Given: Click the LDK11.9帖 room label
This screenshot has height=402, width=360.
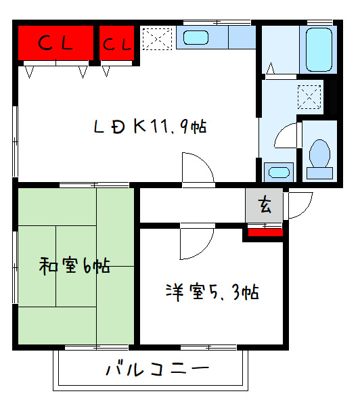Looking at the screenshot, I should coord(150,127).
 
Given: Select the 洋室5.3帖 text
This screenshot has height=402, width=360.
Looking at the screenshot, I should coord(212,292).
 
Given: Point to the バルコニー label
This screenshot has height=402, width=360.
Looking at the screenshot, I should coord(148,370).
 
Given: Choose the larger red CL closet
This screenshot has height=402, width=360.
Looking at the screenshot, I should coord(55,44).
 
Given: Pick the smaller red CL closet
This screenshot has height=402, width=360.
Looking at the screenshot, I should coord(117,44).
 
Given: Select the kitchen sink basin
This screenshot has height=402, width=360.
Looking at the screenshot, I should coord(196,38).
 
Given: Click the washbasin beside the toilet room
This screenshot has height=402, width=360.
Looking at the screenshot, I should coord(277,171).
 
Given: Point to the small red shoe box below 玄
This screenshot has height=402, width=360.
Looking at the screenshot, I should coord(265,233).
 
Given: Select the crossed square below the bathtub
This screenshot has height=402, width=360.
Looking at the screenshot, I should coord(311,97).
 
